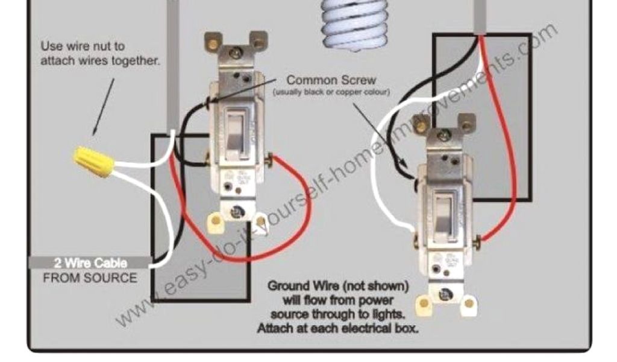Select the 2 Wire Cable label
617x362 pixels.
[90, 263]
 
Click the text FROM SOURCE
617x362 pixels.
[90, 278]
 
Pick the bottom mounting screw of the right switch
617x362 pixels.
[445, 294]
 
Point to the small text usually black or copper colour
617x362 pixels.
[331, 92]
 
